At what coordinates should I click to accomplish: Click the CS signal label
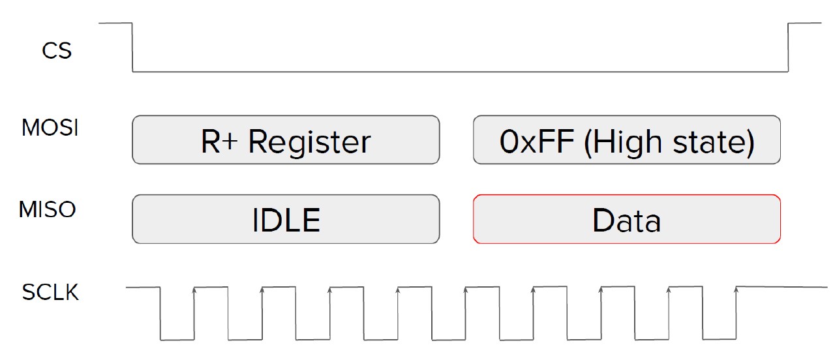point(57,51)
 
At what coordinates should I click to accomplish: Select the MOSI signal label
point(50,128)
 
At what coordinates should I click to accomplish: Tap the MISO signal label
point(48,210)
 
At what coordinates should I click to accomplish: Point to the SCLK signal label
point(50,293)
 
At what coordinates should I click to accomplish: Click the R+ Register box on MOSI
point(286,140)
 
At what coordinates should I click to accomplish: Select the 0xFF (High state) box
point(626,140)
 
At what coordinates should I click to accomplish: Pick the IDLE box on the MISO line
point(286,219)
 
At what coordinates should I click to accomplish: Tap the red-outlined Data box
point(626,219)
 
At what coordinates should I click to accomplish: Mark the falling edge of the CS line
point(132,47)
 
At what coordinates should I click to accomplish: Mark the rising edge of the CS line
point(789,47)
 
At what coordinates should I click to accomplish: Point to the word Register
point(310,142)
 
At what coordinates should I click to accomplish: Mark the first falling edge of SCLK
point(160,313)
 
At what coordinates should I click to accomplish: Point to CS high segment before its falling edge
point(115,23)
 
